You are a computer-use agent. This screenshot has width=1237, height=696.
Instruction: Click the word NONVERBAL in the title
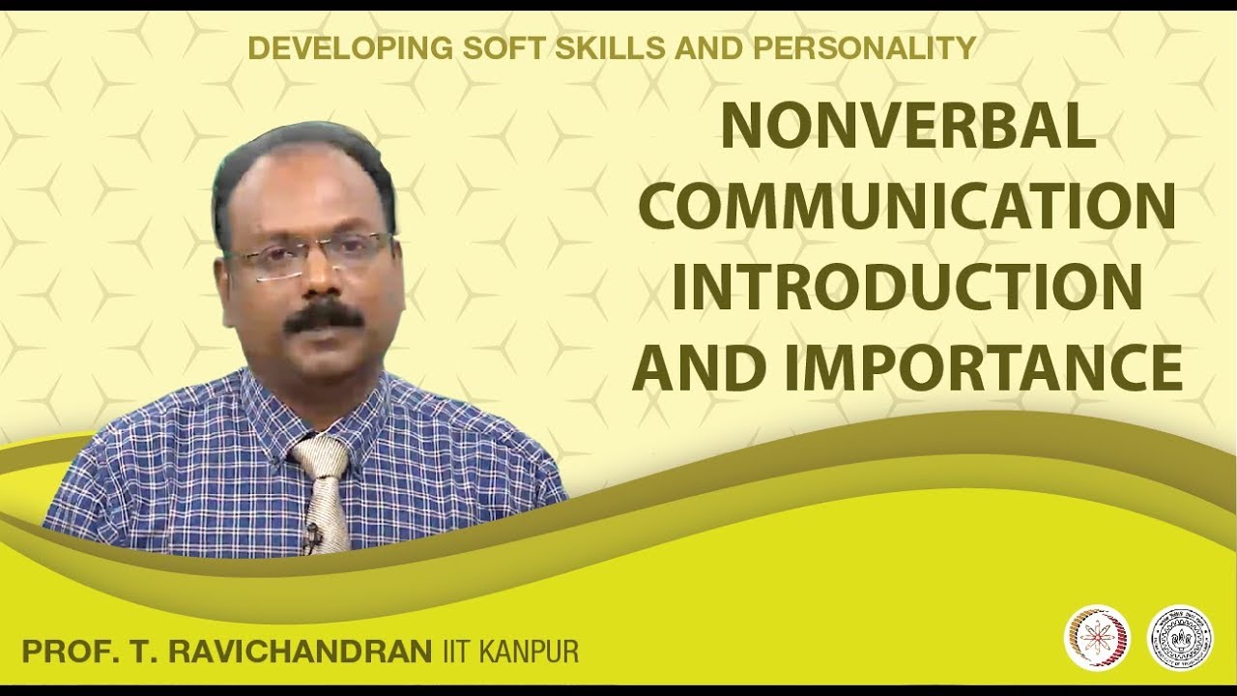tap(907, 127)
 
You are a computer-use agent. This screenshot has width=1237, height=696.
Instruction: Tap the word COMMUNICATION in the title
tap(907, 206)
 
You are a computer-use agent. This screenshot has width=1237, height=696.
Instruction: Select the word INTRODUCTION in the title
tap(907, 287)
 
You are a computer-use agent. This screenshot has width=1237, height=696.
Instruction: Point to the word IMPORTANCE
tap(983, 368)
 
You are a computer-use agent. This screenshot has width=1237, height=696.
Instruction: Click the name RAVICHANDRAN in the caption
tap(300, 652)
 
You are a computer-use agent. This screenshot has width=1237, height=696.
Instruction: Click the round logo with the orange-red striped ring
tap(1097, 638)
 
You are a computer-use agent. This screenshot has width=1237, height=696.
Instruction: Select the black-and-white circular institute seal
tap(1179, 638)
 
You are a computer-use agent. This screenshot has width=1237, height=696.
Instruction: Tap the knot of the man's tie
tap(322, 457)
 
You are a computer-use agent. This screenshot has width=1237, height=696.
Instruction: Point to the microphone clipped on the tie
tap(312, 535)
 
